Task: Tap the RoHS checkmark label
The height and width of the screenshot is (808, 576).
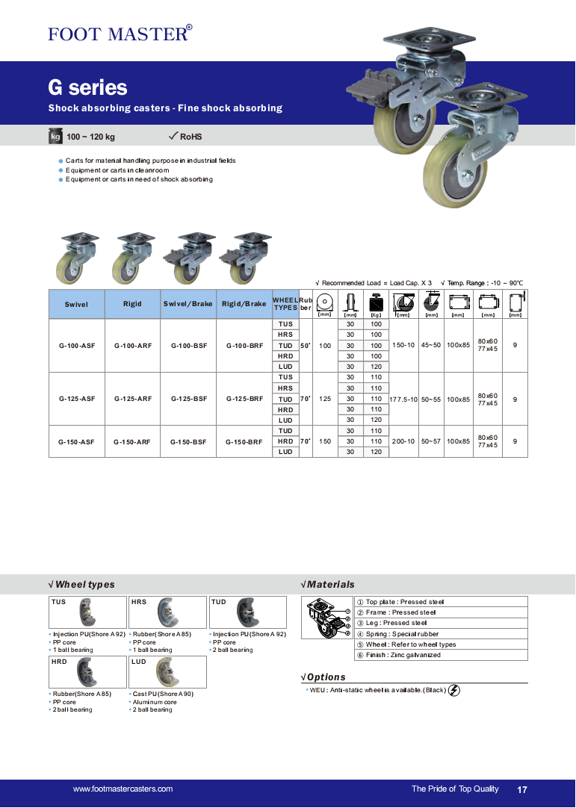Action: tap(186, 137)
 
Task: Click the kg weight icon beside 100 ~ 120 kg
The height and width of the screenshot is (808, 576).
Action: tap(55, 137)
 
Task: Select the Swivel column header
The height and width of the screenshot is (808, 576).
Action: tap(76, 305)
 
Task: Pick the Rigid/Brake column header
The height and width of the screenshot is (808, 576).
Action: tap(244, 305)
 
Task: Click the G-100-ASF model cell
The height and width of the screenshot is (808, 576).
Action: tap(76, 346)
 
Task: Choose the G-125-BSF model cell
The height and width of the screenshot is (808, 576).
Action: tap(188, 399)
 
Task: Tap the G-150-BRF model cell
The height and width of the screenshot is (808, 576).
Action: tap(244, 441)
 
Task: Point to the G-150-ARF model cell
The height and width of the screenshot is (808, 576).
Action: tap(132, 441)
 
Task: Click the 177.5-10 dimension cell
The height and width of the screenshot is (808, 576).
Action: tap(404, 400)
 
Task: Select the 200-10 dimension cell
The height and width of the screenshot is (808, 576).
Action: tap(404, 441)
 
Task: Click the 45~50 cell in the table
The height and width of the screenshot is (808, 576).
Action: tap(431, 346)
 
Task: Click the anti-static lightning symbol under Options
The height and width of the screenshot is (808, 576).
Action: tap(454, 690)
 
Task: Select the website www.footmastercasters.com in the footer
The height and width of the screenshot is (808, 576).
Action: tap(123, 789)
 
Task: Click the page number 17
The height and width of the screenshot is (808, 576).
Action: tap(522, 789)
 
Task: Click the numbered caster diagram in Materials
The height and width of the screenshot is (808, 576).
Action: tap(328, 618)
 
